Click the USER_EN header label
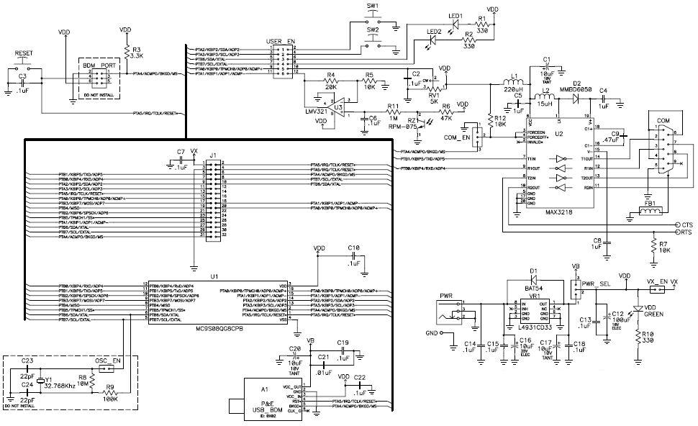click(x=281, y=42)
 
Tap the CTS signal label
click(x=686, y=225)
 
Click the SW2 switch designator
click(x=373, y=31)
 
